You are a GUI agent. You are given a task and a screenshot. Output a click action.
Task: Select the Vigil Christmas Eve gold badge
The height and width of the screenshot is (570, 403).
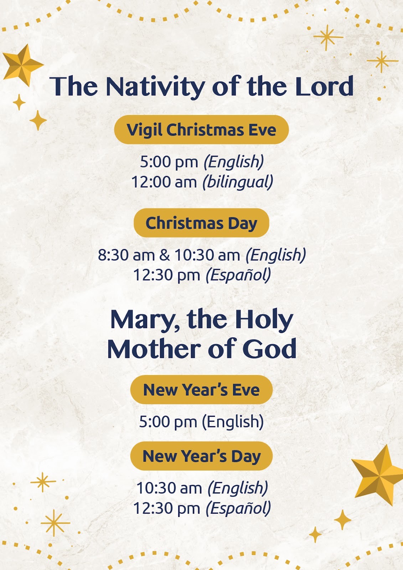[201, 130]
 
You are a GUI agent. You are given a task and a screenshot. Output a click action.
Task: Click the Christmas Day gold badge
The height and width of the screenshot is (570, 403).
[201, 223]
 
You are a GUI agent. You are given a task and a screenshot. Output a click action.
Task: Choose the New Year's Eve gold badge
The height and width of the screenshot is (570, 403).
[201, 390]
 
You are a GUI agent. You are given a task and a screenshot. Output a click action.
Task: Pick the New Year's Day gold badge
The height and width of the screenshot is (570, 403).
[201, 456]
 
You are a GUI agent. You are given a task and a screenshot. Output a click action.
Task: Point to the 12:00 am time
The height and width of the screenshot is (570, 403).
[164, 182]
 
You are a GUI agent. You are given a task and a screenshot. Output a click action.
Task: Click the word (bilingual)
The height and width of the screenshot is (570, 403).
[238, 182]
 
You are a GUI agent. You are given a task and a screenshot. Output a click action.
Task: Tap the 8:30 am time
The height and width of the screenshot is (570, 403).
[126, 255]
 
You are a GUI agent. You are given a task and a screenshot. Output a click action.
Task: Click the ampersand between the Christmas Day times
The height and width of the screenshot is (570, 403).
[165, 255]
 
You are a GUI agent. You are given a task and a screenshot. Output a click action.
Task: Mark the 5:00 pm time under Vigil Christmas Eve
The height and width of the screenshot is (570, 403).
[169, 162]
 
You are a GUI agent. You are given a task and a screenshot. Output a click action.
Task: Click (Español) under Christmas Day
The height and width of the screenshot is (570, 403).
[238, 275]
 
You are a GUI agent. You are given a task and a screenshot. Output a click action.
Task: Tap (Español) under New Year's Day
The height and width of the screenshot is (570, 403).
[238, 508]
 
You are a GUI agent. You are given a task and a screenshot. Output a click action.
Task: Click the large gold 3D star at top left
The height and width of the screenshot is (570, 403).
[22, 64]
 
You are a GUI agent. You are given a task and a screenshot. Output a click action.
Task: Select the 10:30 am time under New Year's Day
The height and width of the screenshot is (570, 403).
[169, 488]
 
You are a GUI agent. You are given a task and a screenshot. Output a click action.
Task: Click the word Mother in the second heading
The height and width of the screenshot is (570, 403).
[154, 348]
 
